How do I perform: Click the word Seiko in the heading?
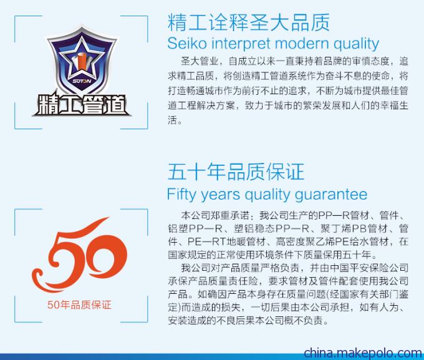point(187,44)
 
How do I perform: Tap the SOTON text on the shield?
point(82,80)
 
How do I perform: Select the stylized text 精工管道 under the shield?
point(81,104)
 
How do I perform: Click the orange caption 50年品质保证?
point(79,304)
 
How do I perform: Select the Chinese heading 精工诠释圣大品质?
point(249,22)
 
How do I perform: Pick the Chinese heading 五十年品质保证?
point(236,172)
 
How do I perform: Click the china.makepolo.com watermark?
point(363,353)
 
